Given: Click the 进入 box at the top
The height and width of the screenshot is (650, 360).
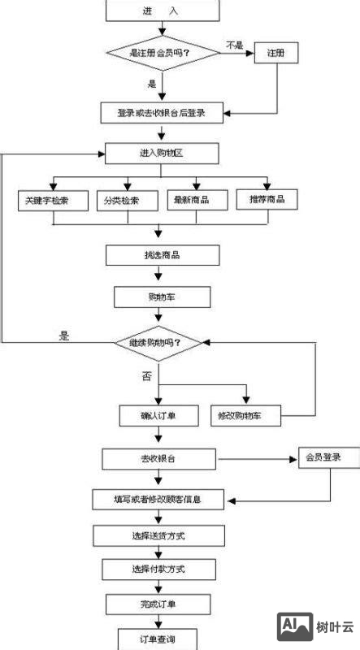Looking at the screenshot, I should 163,11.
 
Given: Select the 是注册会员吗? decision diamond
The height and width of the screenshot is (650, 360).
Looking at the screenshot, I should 163,53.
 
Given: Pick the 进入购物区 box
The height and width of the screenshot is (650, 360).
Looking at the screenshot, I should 163,154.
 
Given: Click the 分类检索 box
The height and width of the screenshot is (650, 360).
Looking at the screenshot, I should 124,200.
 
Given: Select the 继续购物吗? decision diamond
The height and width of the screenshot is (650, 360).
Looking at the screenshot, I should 160,343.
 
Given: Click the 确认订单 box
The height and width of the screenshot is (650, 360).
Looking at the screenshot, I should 158,416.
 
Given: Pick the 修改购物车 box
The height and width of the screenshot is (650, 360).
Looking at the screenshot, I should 245,416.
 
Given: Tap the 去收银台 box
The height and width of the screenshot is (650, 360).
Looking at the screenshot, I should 158,459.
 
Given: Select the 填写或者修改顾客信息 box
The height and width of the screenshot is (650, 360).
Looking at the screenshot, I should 158,499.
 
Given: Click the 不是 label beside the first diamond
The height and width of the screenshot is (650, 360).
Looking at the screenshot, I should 235,45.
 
